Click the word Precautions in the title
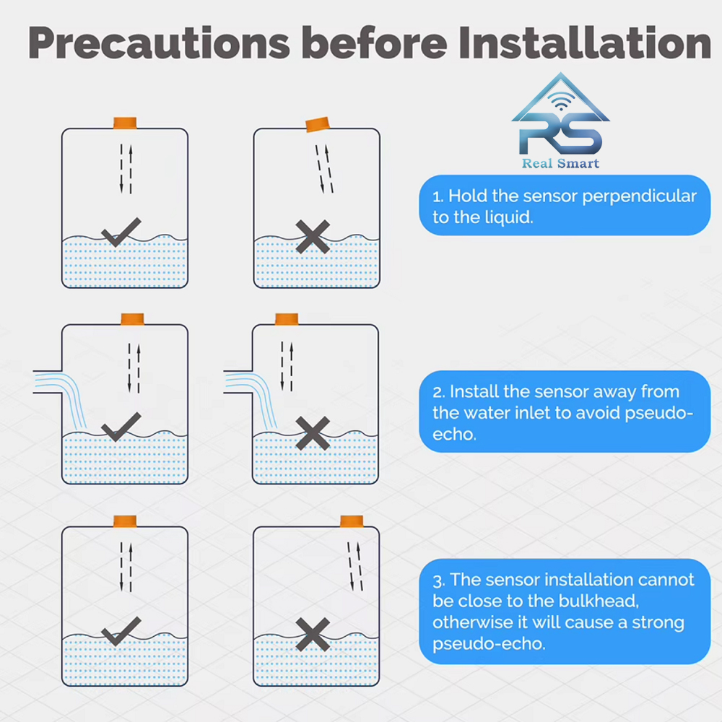pyautogui.click(x=159, y=43)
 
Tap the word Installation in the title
pyautogui.click(x=585, y=43)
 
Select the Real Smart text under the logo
pyautogui.click(x=560, y=163)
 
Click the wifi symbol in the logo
pyautogui.click(x=561, y=101)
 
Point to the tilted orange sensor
pyautogui.click(x=318, y=124)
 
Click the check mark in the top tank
pyautogui.click(x=121, y=232)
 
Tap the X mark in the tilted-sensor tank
pyautogui.click(x=313, y=237)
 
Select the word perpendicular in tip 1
pyautogui.click(x=639, y=196)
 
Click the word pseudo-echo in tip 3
pyautogui.click(x=489, y=644)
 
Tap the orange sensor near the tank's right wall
pyautogui.click(x=352, y=521)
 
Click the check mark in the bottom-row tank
pyautogui.click(x=121, y=631)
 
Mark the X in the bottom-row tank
pyautogui.click(x=313, y=634)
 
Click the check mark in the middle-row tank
pyautogui.click(x=121, y=427)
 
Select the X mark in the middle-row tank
pyautogui.click(x=313, y=433)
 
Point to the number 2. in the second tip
pyautogui.click(x=439, y=392)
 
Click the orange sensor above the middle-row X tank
pyautogui.click(x=287, y=319)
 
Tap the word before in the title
pyautogui.click(x=374, y=43)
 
